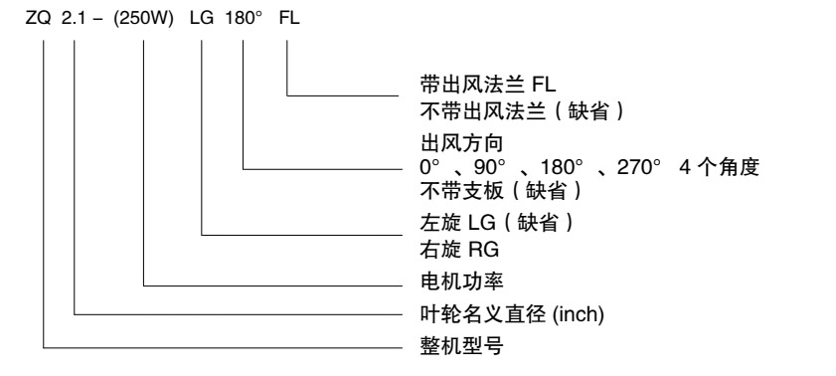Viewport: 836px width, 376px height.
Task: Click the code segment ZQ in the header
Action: tap(38, 19)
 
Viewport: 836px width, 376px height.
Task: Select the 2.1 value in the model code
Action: tap(74, 19)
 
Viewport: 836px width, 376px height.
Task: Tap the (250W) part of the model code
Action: tap(144, 19)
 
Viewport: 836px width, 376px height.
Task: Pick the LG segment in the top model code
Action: tap(202, 19)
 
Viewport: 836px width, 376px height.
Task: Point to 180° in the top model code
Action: tap(244, 19)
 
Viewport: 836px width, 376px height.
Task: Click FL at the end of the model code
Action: tap(289, 19)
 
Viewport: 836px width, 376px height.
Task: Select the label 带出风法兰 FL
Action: tap(488, 85)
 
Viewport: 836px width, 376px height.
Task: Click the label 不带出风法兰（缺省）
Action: tap(522, 112)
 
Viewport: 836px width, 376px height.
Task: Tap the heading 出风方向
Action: tap(461, 143)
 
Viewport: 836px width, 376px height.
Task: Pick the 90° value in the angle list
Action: tap(489, 167)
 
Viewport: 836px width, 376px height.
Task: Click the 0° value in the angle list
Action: tap(429, 167)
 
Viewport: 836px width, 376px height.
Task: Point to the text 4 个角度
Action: tap(719, 167)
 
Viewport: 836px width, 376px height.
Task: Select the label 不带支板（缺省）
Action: tap(501, 191)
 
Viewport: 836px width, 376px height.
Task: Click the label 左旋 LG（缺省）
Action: tap(497, 222)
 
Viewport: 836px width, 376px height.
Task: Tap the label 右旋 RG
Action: tap(459, 250)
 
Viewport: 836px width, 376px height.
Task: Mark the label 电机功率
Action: tap(461, 281)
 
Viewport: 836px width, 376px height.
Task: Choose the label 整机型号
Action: tap(461, 346)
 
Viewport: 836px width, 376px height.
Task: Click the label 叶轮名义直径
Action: tap(482, 314)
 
